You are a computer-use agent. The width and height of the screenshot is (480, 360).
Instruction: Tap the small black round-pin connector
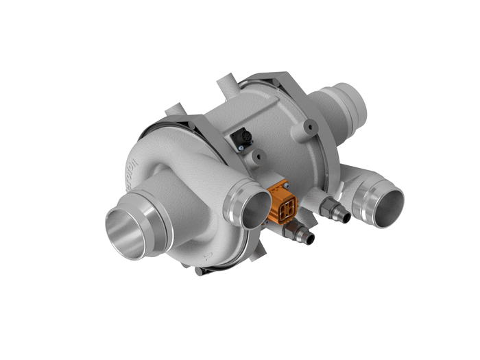pyautogui.click(x=242, y=139)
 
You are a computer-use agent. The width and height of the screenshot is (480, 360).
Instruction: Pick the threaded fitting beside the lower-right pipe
pyautogui.click(x=337, y=209)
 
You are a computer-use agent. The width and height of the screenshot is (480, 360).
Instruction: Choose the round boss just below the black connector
pyautogui.click(x=259, y=158)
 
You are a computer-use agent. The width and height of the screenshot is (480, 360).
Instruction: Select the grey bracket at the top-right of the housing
pyautogui.click(x=288, y=86)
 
